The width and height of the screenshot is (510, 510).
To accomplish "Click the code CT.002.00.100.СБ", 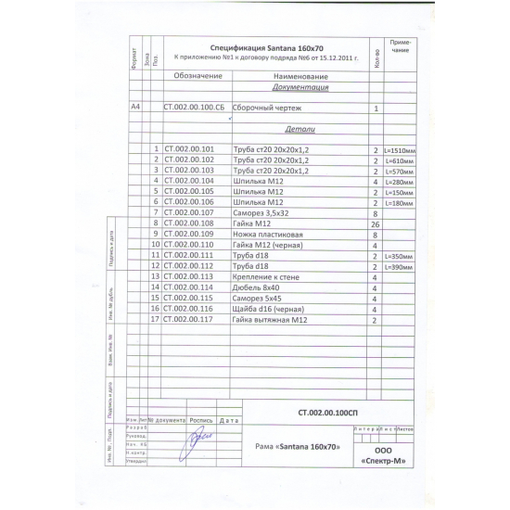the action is [194, 108].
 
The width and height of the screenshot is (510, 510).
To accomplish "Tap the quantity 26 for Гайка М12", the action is [376, 223].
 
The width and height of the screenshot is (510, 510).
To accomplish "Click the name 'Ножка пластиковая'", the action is [265, 235].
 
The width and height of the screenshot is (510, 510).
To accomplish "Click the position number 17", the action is [155, 319].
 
